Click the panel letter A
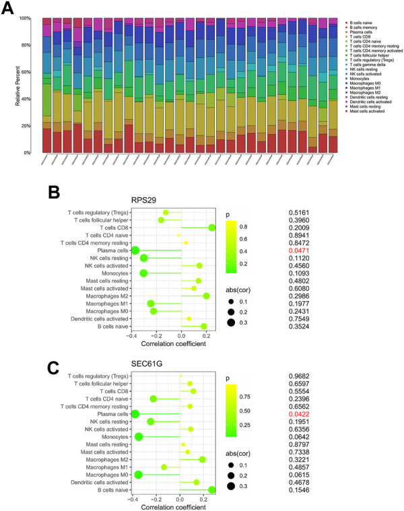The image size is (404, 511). pyautogui.click(x=11, y=11)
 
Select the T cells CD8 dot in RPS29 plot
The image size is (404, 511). pyautogui.click(x=212, y=228)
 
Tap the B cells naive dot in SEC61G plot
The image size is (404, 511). pyautogui.click(x=212, y=490)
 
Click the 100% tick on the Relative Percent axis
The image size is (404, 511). pyautogui.click(x=28, y=18)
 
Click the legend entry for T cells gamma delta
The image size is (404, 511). pyautogui.click(x=368, y=63)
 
